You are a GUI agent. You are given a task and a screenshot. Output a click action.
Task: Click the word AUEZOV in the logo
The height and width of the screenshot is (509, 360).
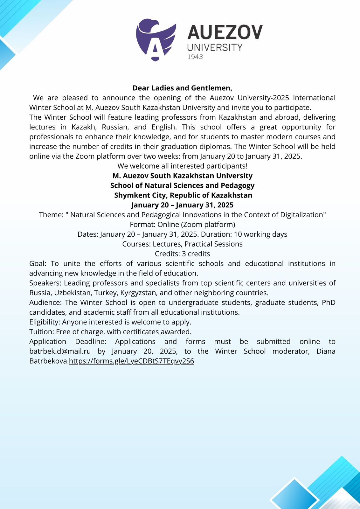225,32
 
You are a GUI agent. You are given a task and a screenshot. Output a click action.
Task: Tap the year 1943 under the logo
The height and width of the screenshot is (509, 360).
195,57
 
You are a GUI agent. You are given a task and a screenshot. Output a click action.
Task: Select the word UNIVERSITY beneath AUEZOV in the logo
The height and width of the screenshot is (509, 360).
215,48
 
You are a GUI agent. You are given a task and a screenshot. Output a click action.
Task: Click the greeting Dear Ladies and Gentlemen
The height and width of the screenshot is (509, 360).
182,88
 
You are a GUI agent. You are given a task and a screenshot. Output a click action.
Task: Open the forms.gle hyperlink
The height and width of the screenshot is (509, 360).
131,361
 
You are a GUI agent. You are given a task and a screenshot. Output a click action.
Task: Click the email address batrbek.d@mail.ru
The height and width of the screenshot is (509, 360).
60,351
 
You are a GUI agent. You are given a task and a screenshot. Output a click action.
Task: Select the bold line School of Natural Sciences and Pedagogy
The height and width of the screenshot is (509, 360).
182,185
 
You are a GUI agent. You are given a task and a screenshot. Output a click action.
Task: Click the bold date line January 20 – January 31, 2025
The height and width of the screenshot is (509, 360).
182,205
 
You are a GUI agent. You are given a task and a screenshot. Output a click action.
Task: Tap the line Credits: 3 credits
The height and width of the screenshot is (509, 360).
182,254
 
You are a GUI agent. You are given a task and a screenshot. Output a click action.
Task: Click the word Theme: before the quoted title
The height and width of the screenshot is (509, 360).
51,215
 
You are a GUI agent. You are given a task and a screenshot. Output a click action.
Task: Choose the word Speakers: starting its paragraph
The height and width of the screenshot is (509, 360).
45,283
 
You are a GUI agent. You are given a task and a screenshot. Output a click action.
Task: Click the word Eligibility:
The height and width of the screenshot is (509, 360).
45,322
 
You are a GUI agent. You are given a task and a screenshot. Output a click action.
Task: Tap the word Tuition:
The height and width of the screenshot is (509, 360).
42,332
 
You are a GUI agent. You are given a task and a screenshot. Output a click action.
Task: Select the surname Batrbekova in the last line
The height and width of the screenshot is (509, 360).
49,361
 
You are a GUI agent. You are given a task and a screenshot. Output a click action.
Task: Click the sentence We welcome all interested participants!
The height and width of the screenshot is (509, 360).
182,166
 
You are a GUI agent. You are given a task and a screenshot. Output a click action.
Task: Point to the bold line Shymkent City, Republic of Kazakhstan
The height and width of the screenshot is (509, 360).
183,195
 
